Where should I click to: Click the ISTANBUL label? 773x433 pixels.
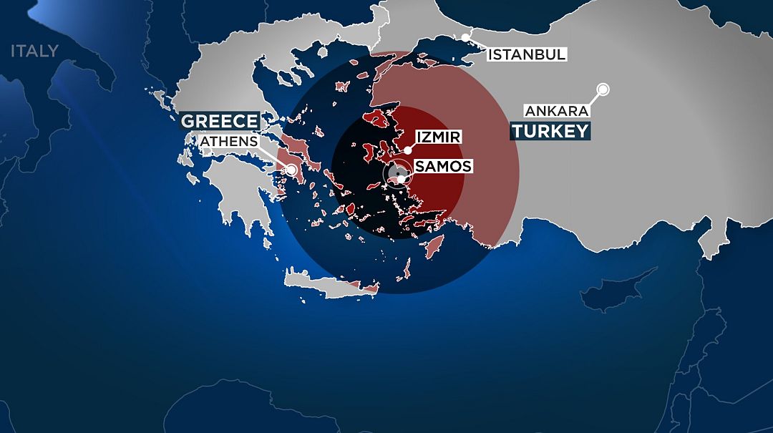pyautogui.click(x=527, y=54)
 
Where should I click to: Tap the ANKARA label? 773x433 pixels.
pyautogui.click(x=557, y=111)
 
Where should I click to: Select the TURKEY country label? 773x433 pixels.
pyautogui.click(x=550, y=131)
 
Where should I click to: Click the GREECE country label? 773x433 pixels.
pyautogui.click(x=219, y=120)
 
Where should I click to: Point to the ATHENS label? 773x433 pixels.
pyautogui.click(x=228, y=141)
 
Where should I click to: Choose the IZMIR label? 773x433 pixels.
pyautogui.click(x=438, y=136)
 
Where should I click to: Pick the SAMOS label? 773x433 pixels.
pyautogui.click(x=444, y=167)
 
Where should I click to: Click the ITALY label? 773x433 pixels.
pyautogui.click(x=34, y=51)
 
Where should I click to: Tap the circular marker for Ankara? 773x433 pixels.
pyautogui.click(x=603, y=89)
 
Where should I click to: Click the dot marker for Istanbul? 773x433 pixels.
pyautogui.click(x=466, y=37)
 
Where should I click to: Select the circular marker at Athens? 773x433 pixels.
pyautogui.click(x=292, y=170)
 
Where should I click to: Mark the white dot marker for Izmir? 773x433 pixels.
pyautogui.click(x=407, y=150)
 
